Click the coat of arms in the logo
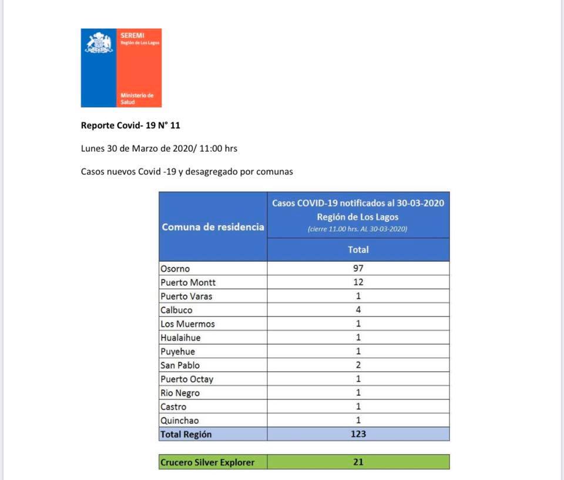coord(99,43)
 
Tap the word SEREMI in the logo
coord(128,36)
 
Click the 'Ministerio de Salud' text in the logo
coord(136,98)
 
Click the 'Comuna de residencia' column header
coord(213,227)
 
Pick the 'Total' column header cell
coord(358,250)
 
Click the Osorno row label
coord(175,269)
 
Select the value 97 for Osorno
coord(358,269)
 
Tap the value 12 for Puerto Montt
coord(358,282)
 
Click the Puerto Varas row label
coord(186,296)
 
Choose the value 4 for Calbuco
coord(358,310)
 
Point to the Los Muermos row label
coord(187,324)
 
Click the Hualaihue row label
coord(180,338)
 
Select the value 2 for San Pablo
coord(358,365)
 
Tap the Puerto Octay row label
coord(187,379)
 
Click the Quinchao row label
coord(180,421)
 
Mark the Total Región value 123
coord(358,434)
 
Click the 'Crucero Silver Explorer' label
coord(207,462)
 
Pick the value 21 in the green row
coord(358,462)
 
